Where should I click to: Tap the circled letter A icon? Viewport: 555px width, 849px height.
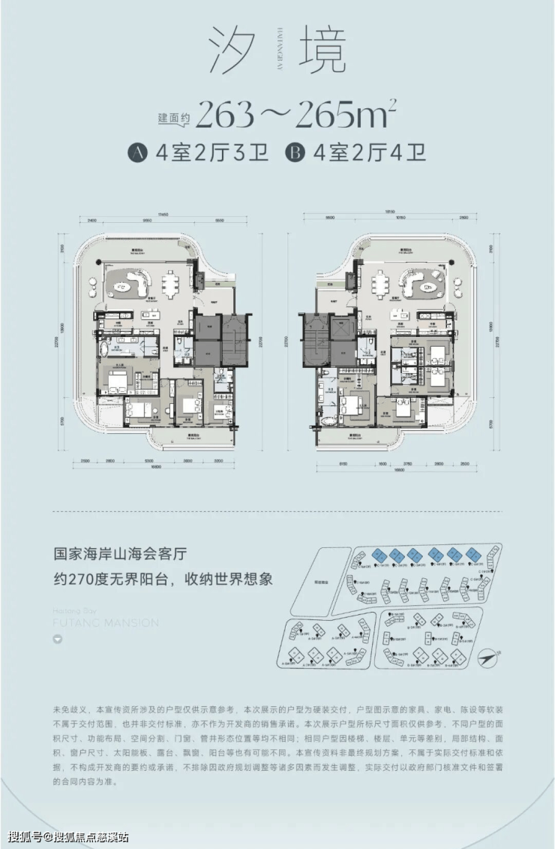[x=136, y=154]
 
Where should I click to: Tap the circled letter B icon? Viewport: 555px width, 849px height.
[x=295, y=154]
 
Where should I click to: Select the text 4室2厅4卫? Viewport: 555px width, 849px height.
[x=370, y=154]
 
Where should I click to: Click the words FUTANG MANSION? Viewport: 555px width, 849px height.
[x=106, y=623]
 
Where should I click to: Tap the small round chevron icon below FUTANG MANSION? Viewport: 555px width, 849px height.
[x=58, y=640]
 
